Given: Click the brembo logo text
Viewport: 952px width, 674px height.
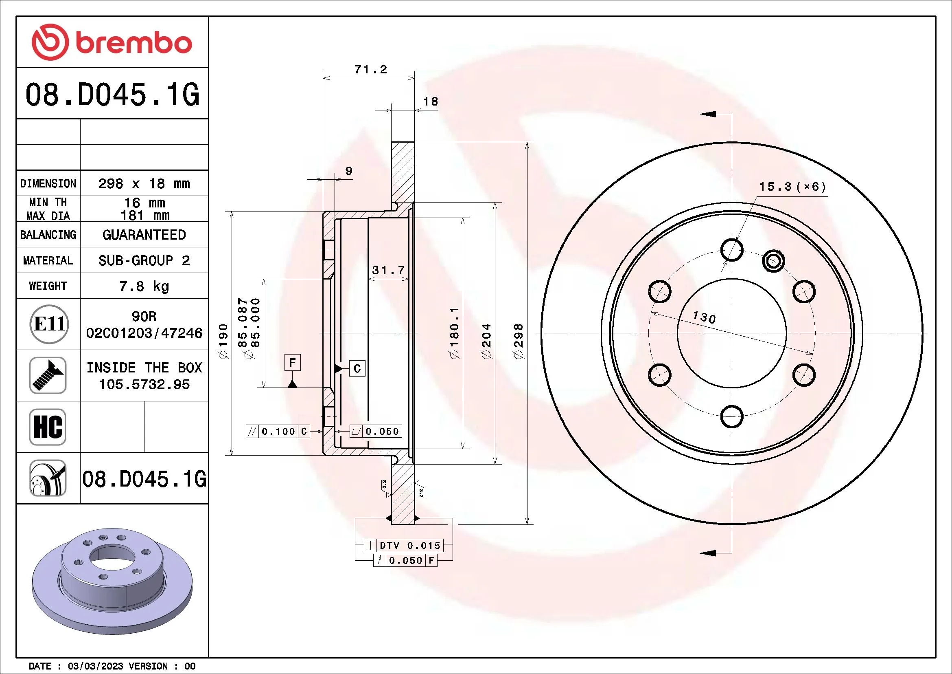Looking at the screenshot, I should (133, 43).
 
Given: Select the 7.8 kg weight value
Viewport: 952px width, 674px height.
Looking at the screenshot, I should (144, 286).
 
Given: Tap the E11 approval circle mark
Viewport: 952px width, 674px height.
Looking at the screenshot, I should (49, 324).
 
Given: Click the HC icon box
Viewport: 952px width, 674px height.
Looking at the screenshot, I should (48, 427).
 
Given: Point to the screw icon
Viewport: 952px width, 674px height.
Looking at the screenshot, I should (48, 375).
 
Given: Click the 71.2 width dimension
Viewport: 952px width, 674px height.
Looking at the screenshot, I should (370, 69).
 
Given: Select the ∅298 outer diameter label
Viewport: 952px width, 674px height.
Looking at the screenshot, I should (518, 341).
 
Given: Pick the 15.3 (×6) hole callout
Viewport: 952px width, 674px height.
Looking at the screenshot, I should (792, 187).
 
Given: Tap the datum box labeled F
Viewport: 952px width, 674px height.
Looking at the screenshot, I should (292, 363).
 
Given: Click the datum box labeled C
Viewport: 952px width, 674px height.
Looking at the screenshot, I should (357, 368).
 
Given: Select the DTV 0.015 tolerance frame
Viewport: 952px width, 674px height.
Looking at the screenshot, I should (403, 545).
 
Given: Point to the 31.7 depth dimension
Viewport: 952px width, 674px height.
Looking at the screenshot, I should (388, 270).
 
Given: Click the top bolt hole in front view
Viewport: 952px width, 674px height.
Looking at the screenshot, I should (732, 249).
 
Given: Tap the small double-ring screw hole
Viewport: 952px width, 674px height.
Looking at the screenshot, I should (773, 261).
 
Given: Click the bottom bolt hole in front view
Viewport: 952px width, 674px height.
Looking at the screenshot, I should (732, 416).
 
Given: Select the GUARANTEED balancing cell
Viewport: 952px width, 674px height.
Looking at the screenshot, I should (144, 235).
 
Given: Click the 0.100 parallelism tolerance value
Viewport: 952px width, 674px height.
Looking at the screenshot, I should (278, 432).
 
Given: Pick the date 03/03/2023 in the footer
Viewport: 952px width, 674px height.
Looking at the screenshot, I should (95, 666).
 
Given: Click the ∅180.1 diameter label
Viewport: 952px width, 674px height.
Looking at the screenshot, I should (455, 333).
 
